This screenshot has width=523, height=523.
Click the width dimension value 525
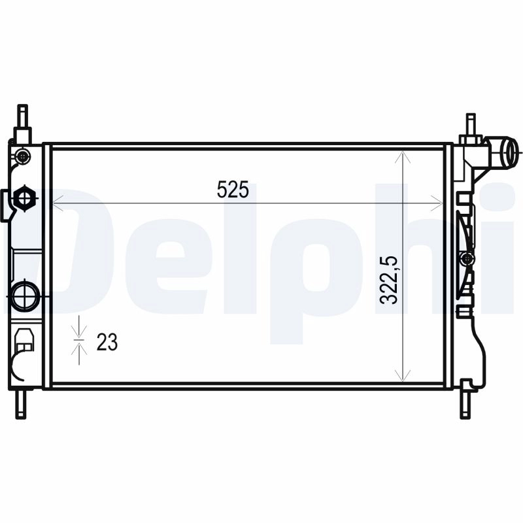point(233,190)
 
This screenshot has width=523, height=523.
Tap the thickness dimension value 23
point(107,341)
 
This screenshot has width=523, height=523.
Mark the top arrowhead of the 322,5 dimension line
point(405,157)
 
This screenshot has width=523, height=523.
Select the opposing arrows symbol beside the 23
point(79,340)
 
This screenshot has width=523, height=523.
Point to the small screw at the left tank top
point(24,156)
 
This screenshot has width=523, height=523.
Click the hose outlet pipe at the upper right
point(507,153)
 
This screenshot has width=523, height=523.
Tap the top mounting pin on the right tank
point(470,124)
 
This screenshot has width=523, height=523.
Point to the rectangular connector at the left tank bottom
point(25,340)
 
